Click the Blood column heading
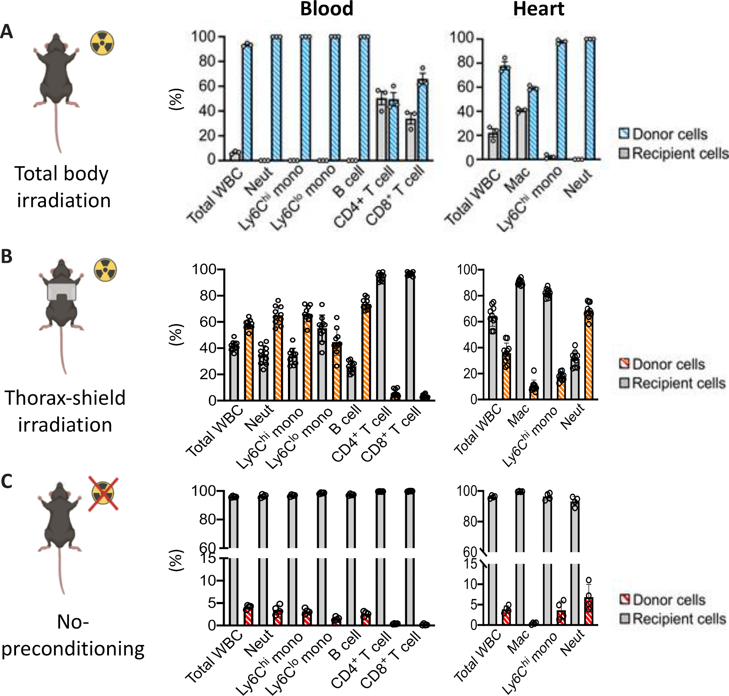coord(327,9)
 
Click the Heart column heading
coord(538,9)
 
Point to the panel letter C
coord(7,482)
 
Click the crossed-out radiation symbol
coord(103,494)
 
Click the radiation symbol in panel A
coord(102,43)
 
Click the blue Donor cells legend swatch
coord(624,133)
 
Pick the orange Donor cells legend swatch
coord(624,363)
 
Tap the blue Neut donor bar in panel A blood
coord(276,98)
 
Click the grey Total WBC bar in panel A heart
coord(493,147)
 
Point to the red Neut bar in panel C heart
coord(588,611)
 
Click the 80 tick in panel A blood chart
coord(207,61)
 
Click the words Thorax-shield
coord(65,398)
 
